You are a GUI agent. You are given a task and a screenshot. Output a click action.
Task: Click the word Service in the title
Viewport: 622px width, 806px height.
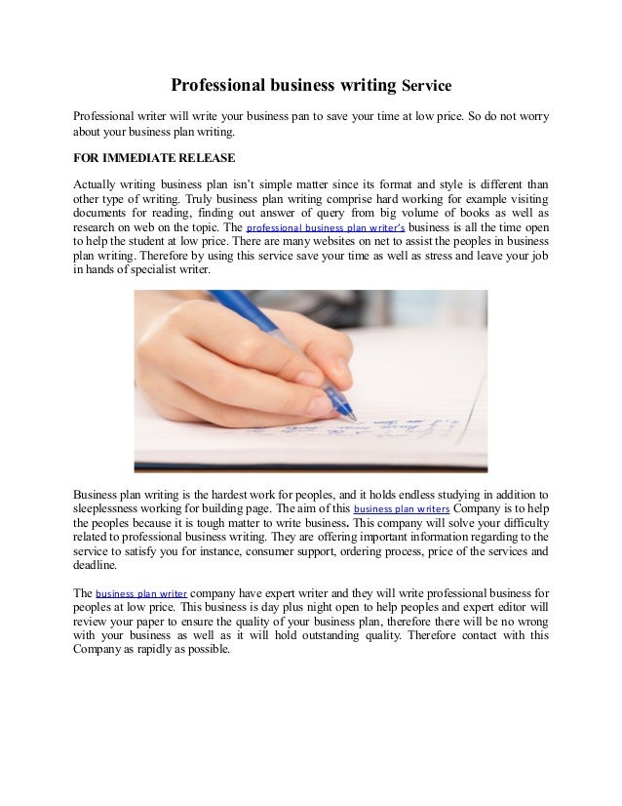click(x=426, y=87)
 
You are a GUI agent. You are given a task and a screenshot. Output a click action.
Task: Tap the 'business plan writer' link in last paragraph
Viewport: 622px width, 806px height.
click(x=141, y=592)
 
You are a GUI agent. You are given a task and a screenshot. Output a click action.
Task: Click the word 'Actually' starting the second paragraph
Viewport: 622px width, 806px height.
click(x=97, y=182)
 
